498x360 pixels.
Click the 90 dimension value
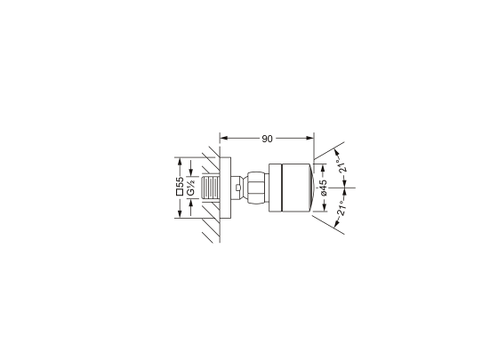tap(267, 139)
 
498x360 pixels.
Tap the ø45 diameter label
tap(324, 188)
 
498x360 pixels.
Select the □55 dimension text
tap(180, 186)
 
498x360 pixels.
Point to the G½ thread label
tap(191, 188)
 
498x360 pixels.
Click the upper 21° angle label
tap(342, 165)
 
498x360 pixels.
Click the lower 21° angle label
tap(341, 208)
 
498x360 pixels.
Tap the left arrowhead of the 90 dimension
tap(224, 138)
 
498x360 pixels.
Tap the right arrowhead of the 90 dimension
tap(309, 138)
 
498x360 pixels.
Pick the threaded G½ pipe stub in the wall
tap(210, 188)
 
